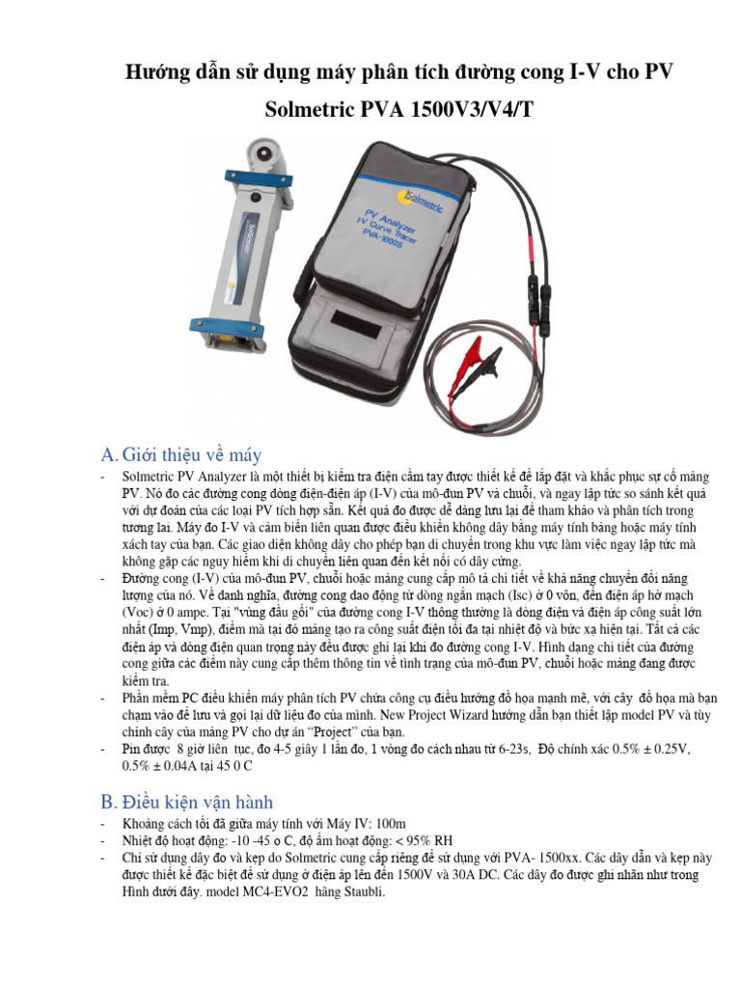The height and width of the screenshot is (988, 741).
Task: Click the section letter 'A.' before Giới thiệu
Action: coord(110,454)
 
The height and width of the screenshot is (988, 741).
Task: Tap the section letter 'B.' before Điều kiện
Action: coord(110,802)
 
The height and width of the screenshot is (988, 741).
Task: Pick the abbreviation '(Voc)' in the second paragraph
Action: coord(142,613)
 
